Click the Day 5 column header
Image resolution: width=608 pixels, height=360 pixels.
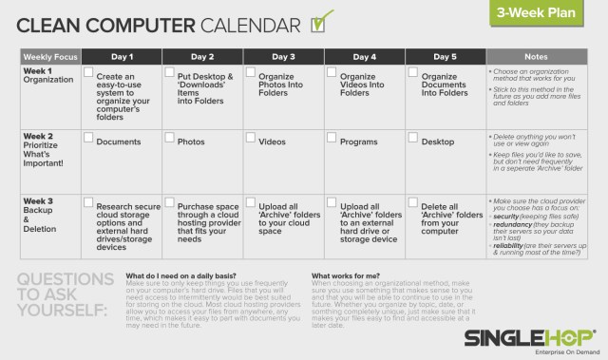[446, 56]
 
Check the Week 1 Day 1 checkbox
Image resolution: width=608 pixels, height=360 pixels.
[87, 73]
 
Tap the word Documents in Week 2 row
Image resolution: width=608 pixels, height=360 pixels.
[118, 142]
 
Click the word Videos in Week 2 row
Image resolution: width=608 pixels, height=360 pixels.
[272, 142]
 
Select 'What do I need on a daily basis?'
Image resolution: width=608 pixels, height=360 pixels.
[180, 275]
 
